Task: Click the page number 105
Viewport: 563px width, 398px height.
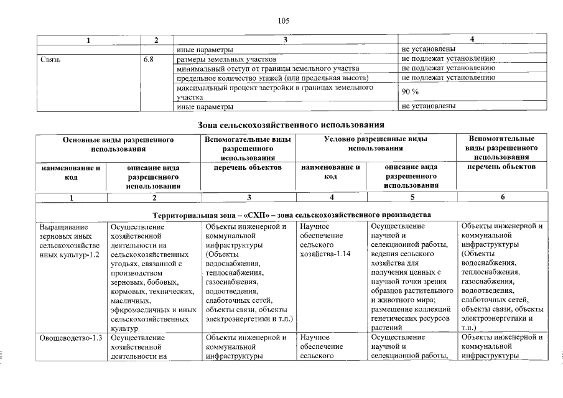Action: click(284, 21)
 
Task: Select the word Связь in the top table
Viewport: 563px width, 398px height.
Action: click(50, 59)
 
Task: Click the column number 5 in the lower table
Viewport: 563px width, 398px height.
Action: click(411, 198)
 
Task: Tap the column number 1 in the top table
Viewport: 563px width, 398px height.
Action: click(88, 40)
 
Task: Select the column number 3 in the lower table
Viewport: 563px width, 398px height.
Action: click(248, 198)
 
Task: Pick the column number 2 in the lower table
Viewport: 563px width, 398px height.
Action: click(154, 198)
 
